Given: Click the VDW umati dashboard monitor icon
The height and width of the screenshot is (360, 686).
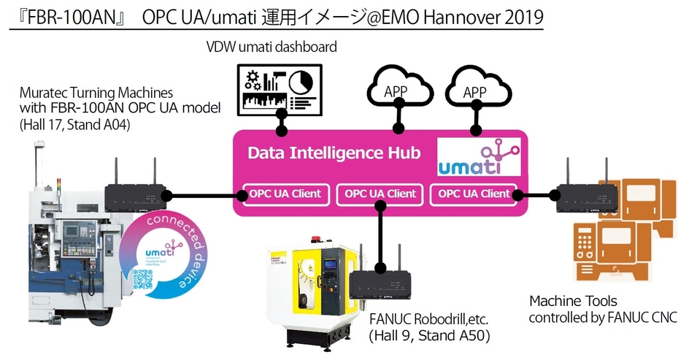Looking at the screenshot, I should pos(277,88).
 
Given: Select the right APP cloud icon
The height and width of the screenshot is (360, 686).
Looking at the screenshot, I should pos(476,88).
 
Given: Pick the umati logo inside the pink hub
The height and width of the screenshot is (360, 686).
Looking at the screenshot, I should pos(479,158).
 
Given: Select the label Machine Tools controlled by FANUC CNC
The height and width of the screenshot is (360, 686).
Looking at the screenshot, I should pos(603,309).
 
